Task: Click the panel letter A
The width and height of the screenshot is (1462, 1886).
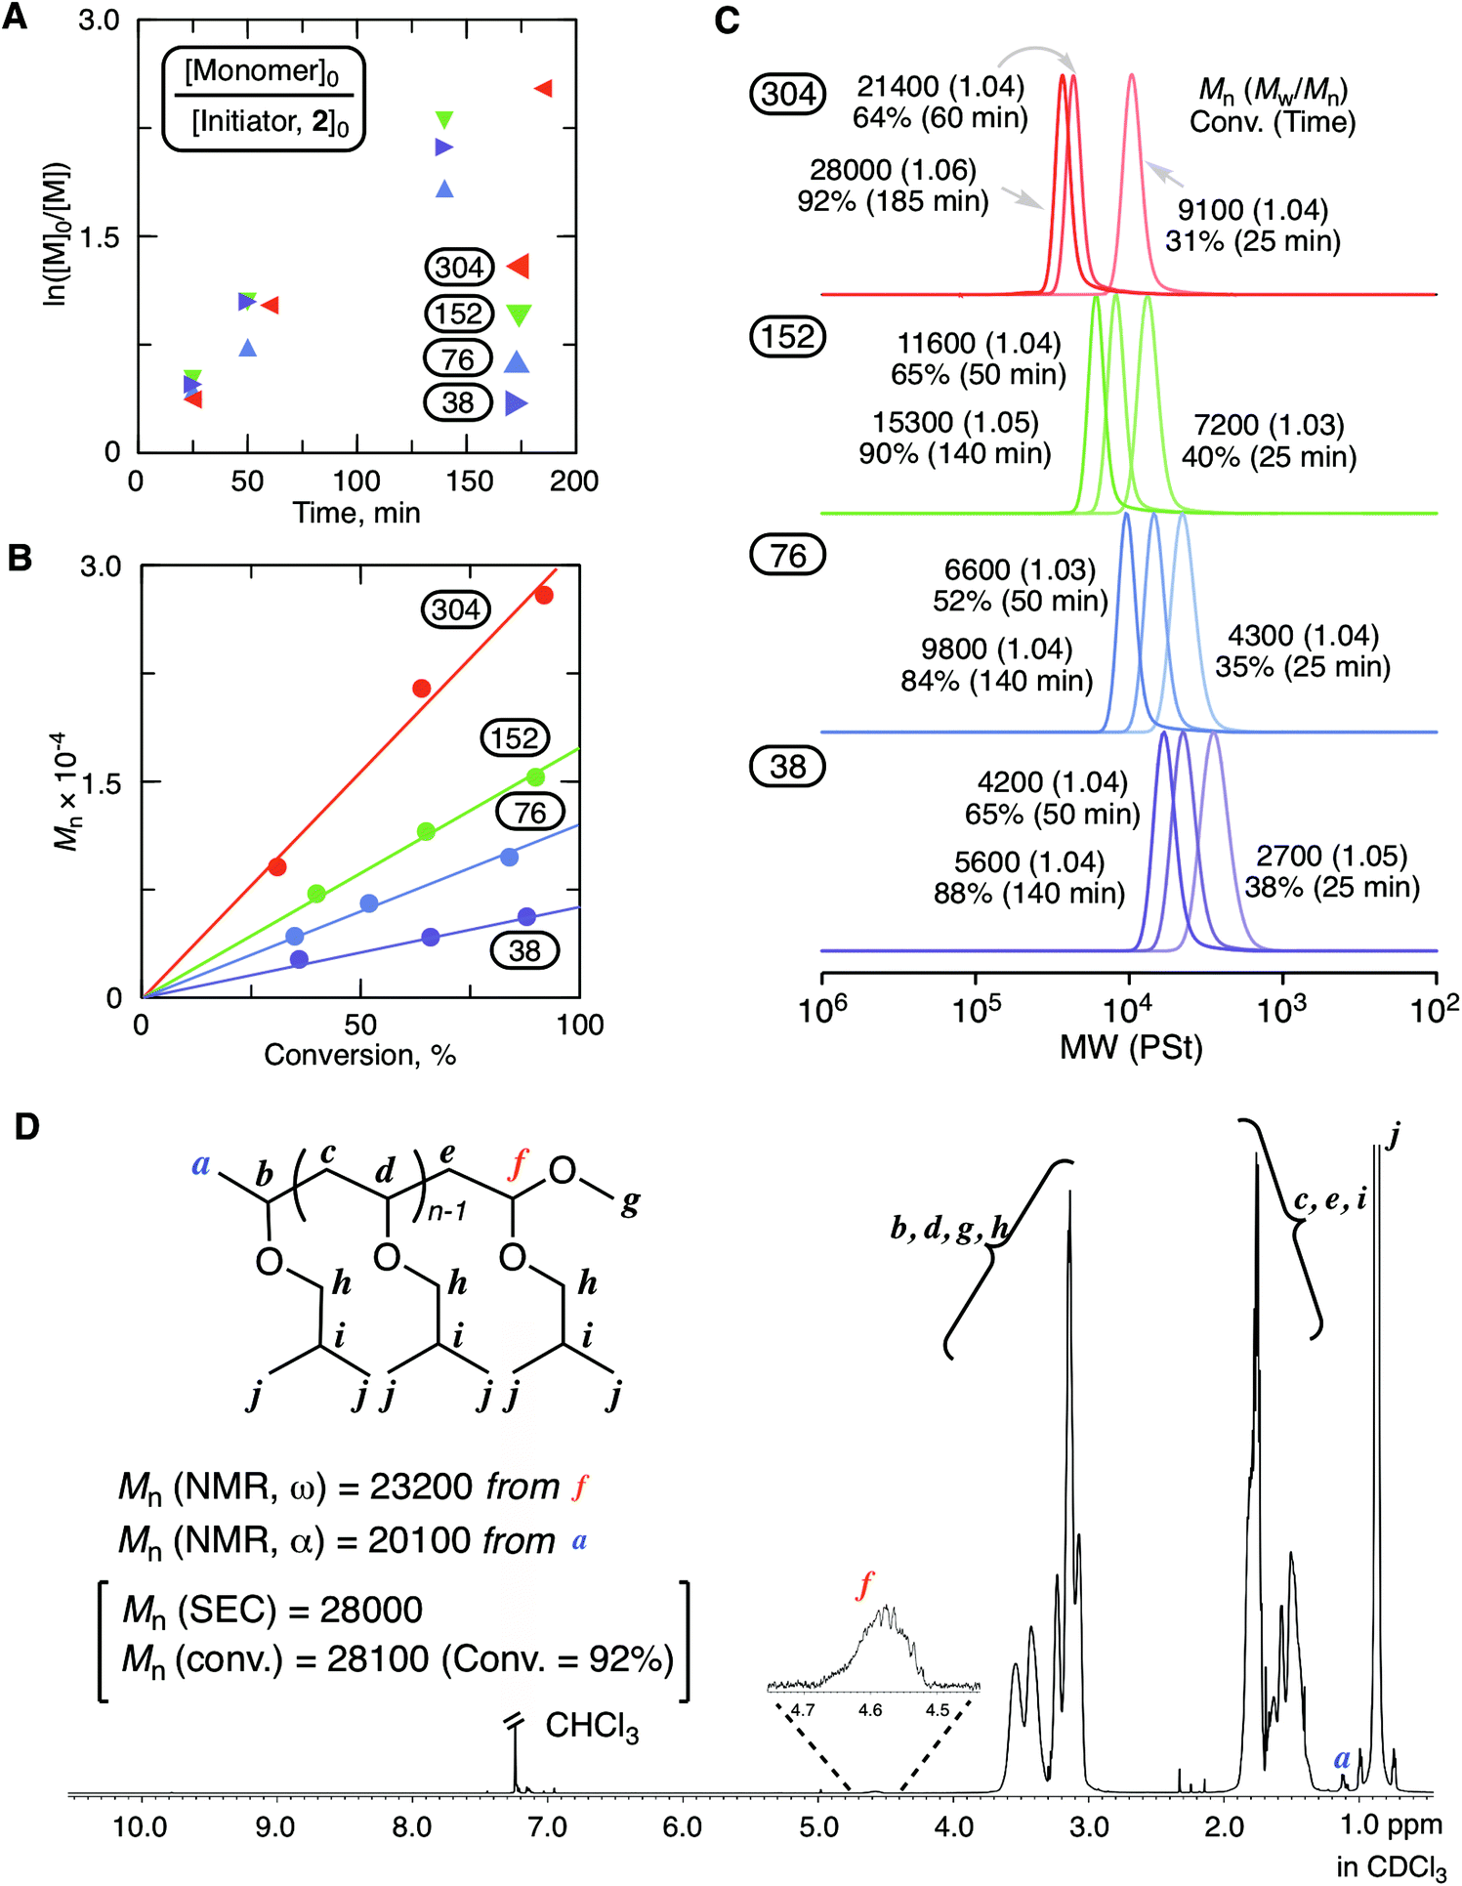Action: coord(15,17)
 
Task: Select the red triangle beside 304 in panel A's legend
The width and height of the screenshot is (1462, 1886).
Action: coord(518,266)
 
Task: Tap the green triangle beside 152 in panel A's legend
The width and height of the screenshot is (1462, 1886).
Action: coord(518,314)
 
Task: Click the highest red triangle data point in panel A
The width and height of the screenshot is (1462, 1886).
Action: coord(543,89)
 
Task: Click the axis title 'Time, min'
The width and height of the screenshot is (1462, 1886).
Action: coord(356,513)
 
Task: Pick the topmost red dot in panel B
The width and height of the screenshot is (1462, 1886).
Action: coord(544,595)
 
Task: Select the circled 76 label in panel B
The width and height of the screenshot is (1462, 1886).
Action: coord(529,813)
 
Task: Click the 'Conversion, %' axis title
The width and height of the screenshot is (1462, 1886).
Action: coord(359,1055)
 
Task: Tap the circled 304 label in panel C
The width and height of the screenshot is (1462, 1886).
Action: coord(787,94)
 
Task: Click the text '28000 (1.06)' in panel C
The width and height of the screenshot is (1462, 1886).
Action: coord(893,170)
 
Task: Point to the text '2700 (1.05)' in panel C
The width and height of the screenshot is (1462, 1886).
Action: coord(1331,856)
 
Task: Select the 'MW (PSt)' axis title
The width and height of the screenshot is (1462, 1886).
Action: coord(1131,1047)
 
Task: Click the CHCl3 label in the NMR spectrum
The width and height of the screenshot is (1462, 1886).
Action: coord(592,1727)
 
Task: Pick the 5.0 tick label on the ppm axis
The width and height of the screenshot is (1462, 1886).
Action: coord(818,1825)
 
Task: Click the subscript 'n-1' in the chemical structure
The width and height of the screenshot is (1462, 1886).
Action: coord(447,1211)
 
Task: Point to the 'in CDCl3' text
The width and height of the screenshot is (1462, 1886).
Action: coord(1391,1866)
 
